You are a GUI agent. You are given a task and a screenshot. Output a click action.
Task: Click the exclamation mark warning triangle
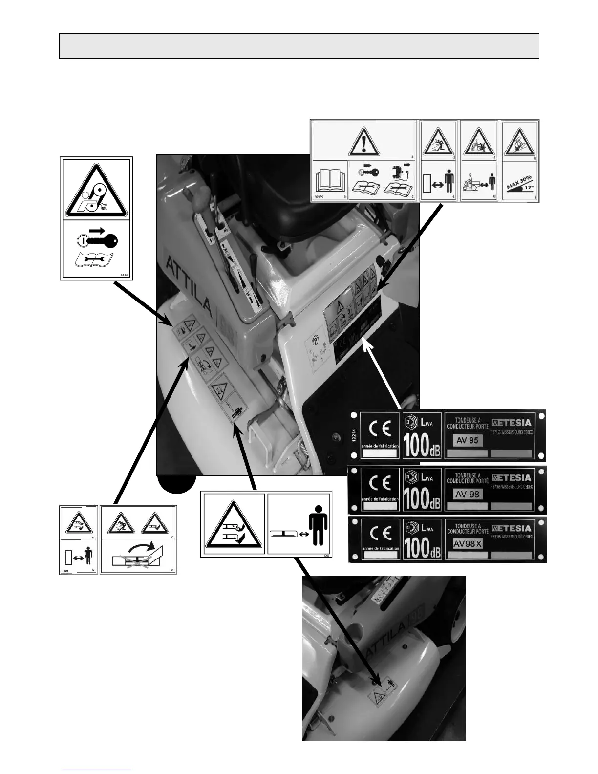point(364,142)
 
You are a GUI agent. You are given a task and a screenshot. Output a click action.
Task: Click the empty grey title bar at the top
point(299,46)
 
